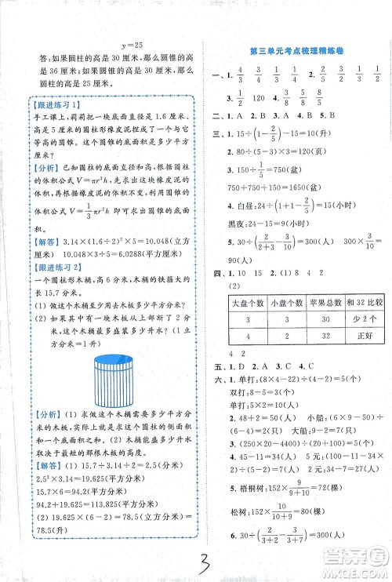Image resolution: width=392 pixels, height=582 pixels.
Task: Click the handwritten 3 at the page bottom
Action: (198, 558)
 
